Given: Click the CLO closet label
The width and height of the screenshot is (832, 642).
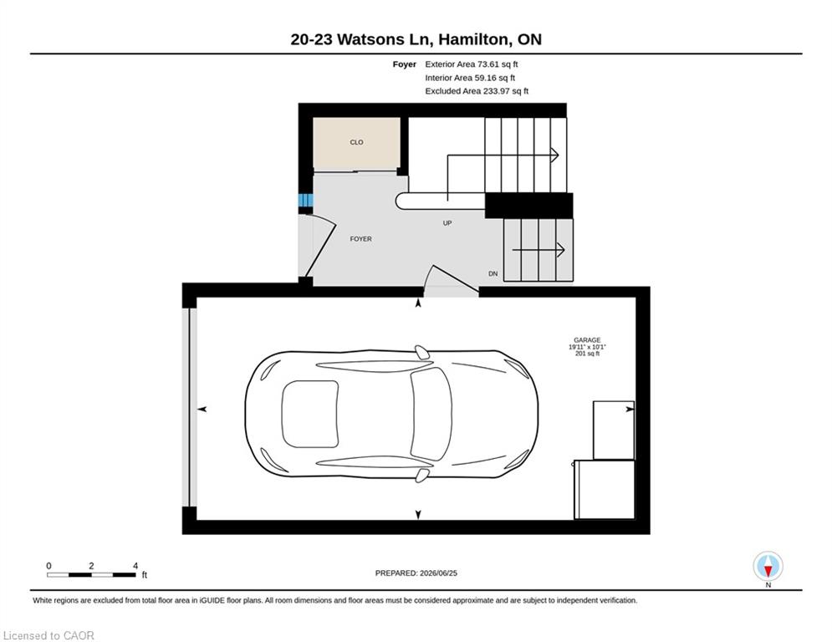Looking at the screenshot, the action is click(356, 142).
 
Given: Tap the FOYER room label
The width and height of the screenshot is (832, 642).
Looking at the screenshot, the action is click(361, 239).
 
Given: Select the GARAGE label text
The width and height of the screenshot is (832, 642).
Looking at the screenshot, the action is click(587, 340).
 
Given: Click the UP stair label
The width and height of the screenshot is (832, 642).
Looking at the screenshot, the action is click(447, 223).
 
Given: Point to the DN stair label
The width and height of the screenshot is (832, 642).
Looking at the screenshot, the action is click(493, 274).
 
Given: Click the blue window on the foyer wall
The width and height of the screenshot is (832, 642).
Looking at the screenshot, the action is click(306, 200).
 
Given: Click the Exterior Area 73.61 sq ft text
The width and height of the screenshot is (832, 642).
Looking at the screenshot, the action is click(471, 64).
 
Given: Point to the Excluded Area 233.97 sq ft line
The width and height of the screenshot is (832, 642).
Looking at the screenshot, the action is click(477, 91).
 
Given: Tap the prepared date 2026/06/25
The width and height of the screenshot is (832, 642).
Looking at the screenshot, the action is click(438, 573).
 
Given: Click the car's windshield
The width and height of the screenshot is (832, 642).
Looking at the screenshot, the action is click(431, 414).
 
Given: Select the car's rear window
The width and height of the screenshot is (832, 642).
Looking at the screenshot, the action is click(310, 414).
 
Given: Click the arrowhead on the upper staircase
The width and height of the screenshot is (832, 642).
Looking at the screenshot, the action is click(554, 155).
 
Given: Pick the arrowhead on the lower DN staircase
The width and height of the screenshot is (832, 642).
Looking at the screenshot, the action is click(560, 249).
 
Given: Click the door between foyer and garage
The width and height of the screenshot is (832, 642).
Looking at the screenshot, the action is click(451, 280).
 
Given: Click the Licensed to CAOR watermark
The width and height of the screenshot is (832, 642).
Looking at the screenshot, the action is click(48, 635).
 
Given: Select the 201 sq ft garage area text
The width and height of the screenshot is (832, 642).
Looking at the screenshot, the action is click(587, 354).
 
